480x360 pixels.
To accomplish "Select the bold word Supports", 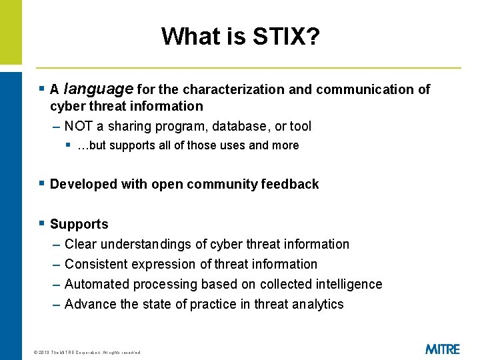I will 79,224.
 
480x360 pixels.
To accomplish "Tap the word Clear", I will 79,244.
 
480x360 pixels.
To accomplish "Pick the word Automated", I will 97,284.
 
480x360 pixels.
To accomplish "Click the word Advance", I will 91,304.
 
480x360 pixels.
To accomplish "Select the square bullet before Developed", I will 41,183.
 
